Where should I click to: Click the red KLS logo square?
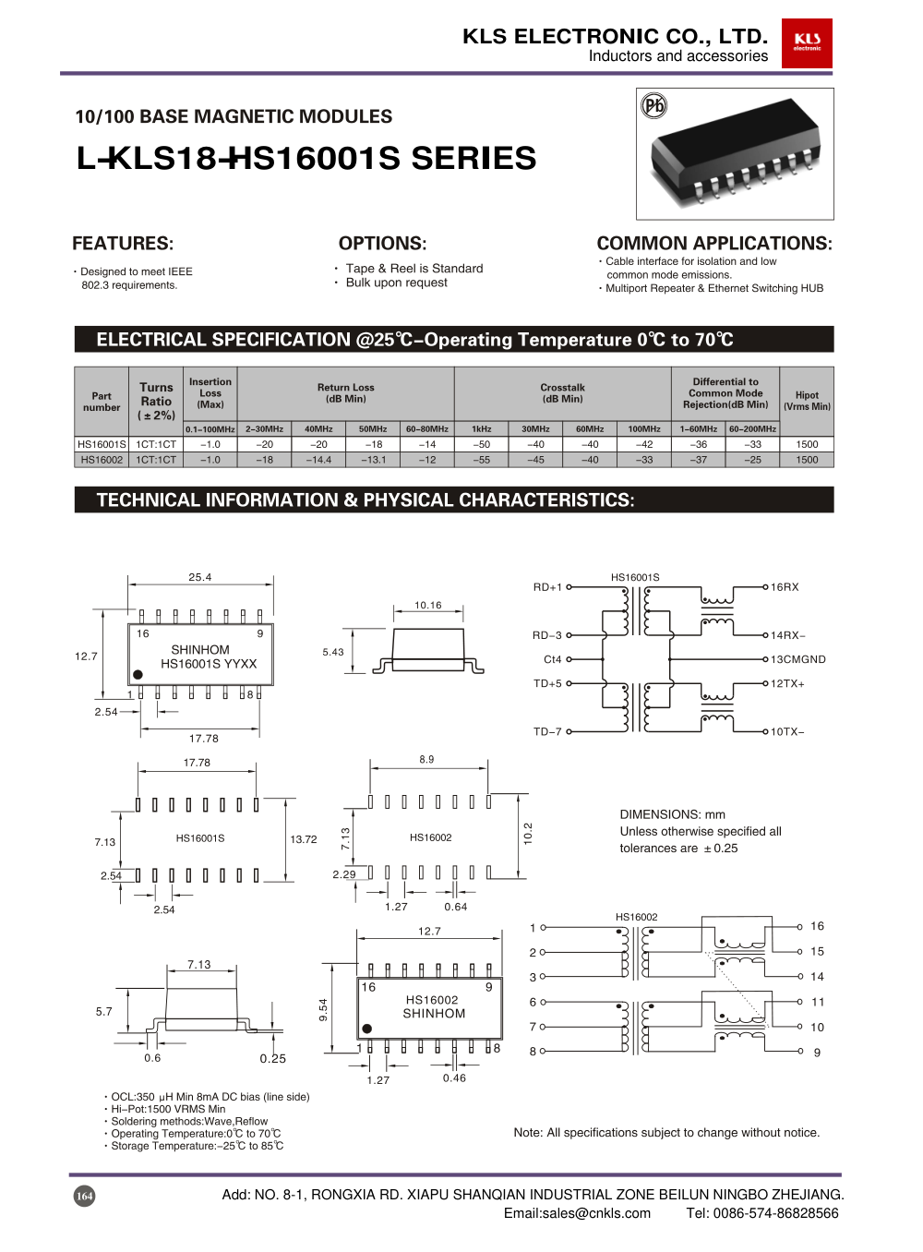tap(807, 43)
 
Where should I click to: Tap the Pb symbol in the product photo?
tap(653, 106)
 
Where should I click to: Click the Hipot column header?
tap(807, 401)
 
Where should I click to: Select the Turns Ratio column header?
tap(156, 401)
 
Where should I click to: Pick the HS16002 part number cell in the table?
tap(102, 460)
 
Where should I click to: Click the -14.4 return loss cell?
tap(318, 460)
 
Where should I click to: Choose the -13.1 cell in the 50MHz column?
tap(373, 460)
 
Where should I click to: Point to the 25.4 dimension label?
tap(200, 577)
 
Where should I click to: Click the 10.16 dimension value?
tap(427, 606)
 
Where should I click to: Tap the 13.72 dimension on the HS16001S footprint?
tap(304, 839)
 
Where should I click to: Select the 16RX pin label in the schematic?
tap(785, 587)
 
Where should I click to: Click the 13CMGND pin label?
tap(798, 659)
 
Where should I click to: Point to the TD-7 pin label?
tap(547, 731)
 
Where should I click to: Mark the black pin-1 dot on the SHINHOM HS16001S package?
tap(138, 675)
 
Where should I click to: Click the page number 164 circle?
tap(84, 1196)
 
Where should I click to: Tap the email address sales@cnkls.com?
tap(577, 1213)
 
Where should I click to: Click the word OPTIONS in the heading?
tap(382, 244)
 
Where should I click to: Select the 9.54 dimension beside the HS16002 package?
tap(323, 1009)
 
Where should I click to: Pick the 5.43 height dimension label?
tap(333, 652)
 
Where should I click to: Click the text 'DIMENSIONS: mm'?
tap(672, 814)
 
